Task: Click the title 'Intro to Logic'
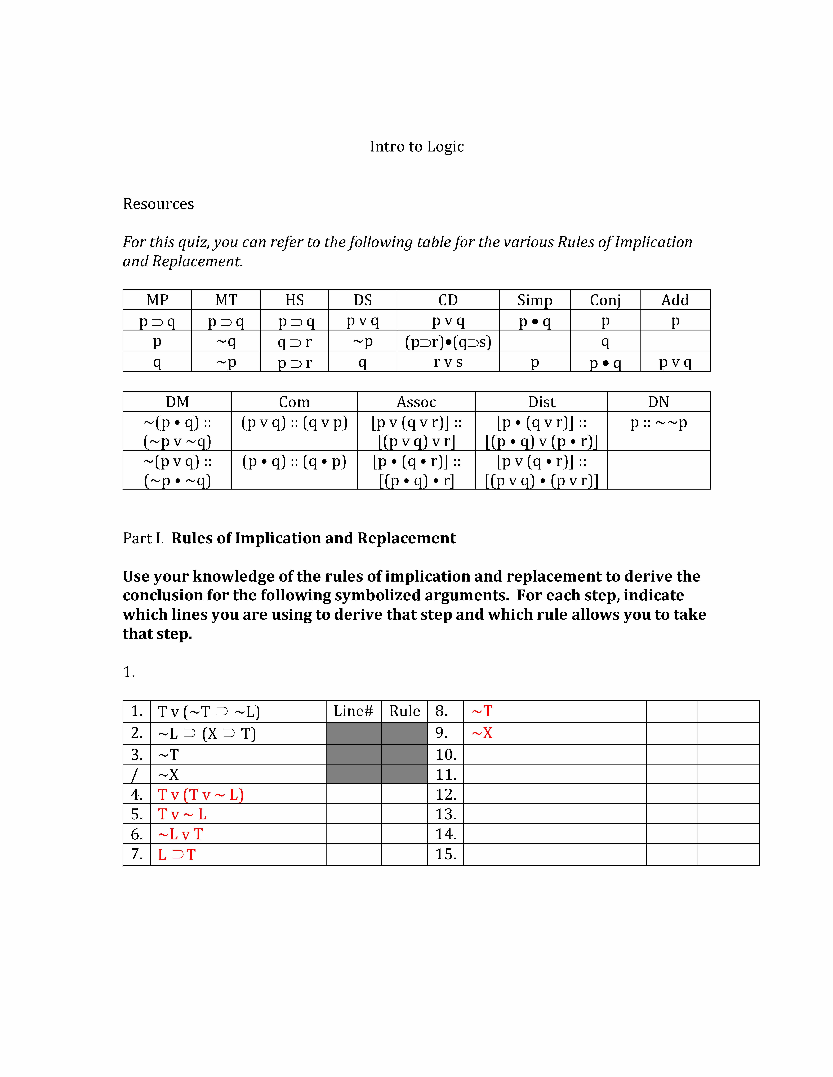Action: click(416, 146)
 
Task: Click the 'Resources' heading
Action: click(158, 204)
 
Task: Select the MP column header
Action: click(157, 300)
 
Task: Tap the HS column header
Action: click(295, 300)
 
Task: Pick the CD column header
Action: click(448, 300)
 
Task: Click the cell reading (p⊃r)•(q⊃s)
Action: click(448, 341)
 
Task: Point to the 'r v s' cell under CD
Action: click(448, 362)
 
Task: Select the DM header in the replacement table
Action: click(177, 402)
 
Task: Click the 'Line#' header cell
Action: click(353, 711)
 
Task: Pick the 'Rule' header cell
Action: click(405, 711)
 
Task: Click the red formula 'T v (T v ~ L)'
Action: click(200, 794)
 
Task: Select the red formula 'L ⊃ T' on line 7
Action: click(177, 855)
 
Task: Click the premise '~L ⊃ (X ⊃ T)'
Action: click(207, 734)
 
